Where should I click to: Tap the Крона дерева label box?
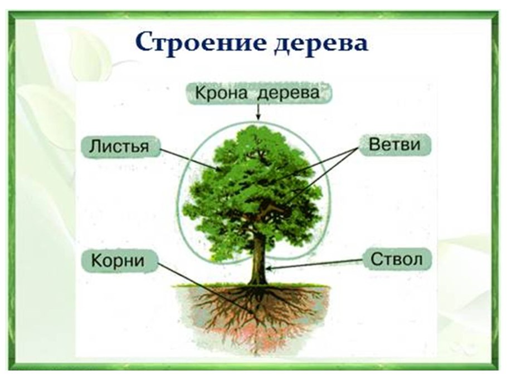(257, 93)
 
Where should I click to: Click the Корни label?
(118, 260)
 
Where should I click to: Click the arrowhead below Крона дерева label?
(257, 117)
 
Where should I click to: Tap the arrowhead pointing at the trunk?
(269, 269)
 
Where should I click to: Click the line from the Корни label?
(206, 293)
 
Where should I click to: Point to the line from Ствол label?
(318, 263)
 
